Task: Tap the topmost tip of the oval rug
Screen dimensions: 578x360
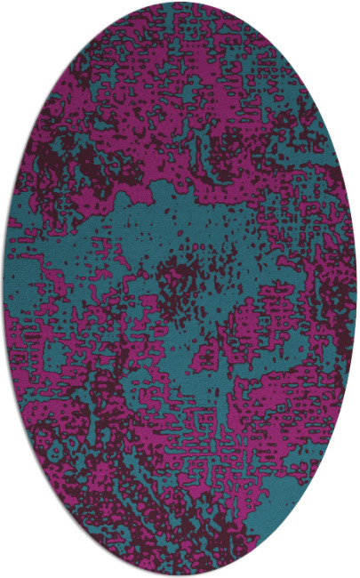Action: (x=180, y=4)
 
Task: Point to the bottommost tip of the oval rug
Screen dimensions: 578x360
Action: (x=180, y=574)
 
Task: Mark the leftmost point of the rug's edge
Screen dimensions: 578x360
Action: (x=4, y=289)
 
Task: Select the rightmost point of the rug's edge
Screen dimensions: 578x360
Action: (x=356, y=289)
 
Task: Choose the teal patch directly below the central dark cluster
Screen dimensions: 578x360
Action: (x=191, y=356)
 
